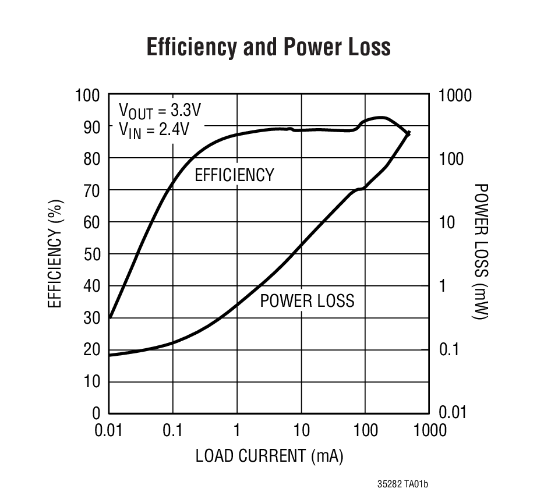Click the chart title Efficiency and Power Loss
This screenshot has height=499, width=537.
click(x=268, y=47)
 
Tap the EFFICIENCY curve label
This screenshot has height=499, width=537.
click(x=234, y=175)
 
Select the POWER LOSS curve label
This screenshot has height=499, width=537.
click(x=307, y=300)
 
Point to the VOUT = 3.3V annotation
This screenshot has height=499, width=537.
click(x=156, y=110)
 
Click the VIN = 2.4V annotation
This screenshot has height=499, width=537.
click(x=154, y=129)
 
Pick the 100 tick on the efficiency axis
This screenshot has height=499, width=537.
click(x=87, y=95)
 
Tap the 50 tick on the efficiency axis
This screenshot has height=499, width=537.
click(x=92, y=254)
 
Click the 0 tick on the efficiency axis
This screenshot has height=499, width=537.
click(x=96, y=413)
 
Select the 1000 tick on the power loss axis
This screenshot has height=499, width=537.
click(x=455, y=95)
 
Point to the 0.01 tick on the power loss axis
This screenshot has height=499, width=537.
click(x=452, y=413)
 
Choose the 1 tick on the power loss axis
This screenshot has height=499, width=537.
click(x=441, y=286)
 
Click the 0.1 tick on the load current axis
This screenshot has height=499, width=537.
click(x=173, y=430)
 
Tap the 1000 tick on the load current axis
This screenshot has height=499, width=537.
click(x=429, y=430)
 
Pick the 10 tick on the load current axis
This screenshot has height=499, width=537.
click(x=301, y=430)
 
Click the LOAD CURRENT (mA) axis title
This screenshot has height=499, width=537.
click(x=269, y=456)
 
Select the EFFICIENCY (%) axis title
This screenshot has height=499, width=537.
click(x=55, y=254)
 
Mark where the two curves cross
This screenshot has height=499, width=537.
click(x=408, y=133)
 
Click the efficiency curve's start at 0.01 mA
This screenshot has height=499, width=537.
click(x=109, y=318)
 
